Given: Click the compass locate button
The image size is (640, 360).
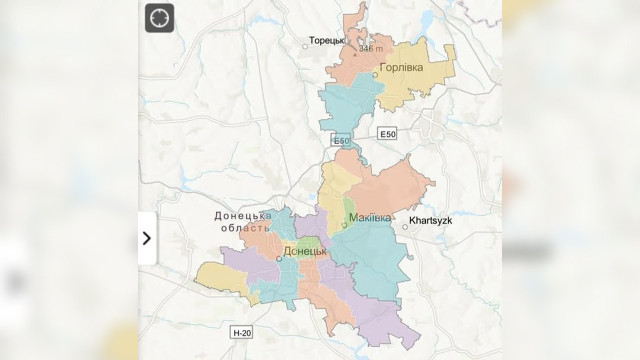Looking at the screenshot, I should [x=159, y=18].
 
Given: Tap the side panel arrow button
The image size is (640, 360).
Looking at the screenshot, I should [x=147, y=238].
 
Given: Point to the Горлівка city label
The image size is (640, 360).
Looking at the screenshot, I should [x=402, y=68].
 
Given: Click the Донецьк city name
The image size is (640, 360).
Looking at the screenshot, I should [x=305, y=251].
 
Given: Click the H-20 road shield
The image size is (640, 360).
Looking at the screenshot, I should [x=242, y=332].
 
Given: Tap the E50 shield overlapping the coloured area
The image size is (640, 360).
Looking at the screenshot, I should [x=342, y=141].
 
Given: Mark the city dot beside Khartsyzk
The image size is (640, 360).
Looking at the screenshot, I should [x=405, y=226].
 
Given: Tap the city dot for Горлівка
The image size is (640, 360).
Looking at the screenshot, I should [x=376, y=75].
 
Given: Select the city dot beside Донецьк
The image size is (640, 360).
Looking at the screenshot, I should [x=278, y=258].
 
